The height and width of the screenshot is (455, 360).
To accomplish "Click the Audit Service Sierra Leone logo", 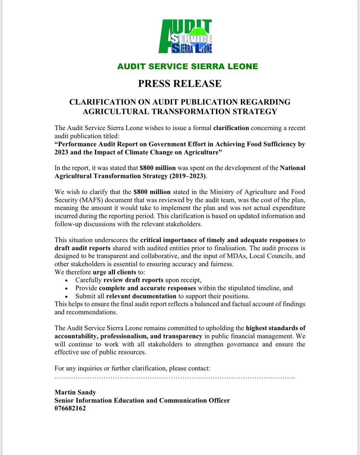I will point(185,37).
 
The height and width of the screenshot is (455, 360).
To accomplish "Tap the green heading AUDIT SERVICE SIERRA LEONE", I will point(187,66).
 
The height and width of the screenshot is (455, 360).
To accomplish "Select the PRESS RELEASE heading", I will point(180,84).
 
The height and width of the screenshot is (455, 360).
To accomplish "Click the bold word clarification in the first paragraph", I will point(231,128).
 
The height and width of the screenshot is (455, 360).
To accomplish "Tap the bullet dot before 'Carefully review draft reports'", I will point(67,280).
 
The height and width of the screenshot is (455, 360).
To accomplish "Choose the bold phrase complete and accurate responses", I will point(147,288).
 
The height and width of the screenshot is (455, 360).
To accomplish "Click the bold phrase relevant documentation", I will point(141,296).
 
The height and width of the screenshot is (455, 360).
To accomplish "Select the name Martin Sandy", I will point(75,392).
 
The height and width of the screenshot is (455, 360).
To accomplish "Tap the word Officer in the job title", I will point(218,401).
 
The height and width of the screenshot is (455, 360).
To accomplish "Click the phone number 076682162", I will point(70,409).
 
